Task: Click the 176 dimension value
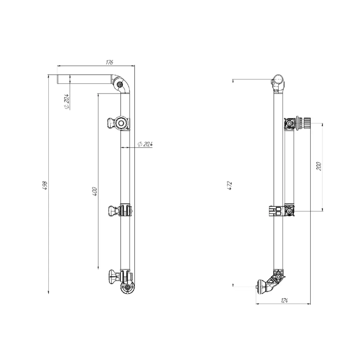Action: tap(109, 62)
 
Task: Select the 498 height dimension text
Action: tap(45, 186)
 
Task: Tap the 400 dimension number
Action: tap(95, 192)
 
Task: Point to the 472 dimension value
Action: tap(229, 186)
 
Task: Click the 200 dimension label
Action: tap(319, 166)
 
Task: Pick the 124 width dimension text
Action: tap(284, 301)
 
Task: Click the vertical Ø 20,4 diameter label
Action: tap(66, 102)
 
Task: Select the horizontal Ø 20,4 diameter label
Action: tap(145, 144)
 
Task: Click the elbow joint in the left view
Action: tap(121, 84)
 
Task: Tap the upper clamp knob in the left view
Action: tap(111, 122)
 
